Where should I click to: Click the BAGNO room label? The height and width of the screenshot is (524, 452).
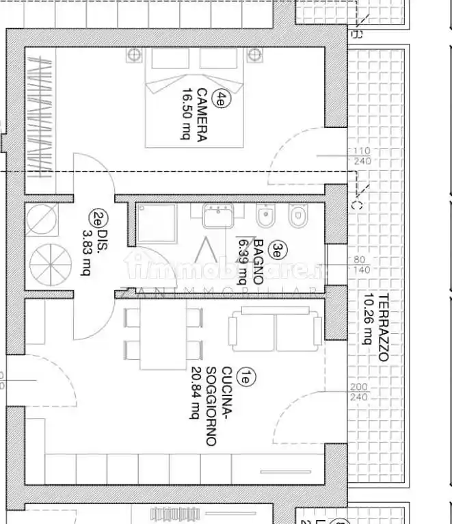tap(258, 261)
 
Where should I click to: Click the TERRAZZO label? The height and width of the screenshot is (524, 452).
tap(384, 327)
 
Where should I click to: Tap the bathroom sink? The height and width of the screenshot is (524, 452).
tap(219, 215)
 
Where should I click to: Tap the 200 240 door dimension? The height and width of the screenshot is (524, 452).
tap(358, 392)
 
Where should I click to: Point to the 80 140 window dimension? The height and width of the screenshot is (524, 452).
tap(360, 265)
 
